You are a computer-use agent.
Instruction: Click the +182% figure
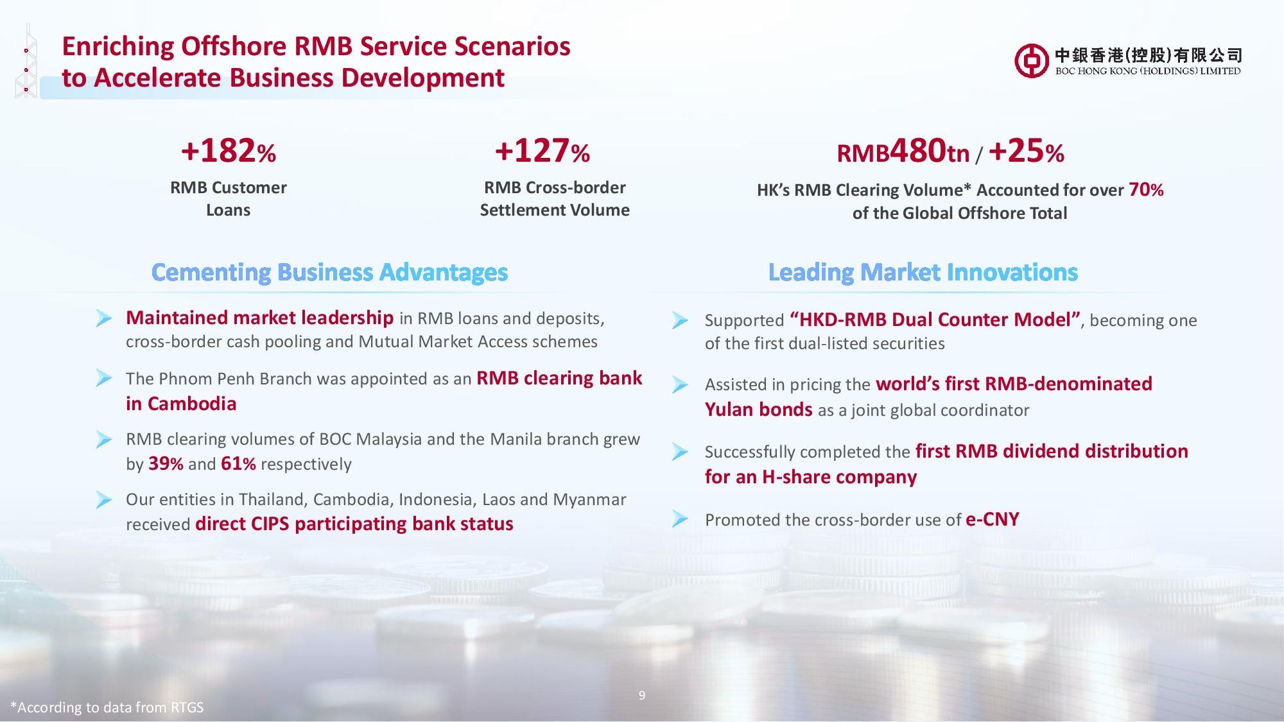(229, 151)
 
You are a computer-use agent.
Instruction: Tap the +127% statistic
(542, 151)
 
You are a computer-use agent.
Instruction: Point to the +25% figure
(1027, 151)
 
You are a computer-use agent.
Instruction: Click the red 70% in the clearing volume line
(1146, 190)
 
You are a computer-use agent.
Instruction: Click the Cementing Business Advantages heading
(329, 272)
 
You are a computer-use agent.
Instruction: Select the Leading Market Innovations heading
(923, 272)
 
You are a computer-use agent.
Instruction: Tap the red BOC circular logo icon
(1032, 62)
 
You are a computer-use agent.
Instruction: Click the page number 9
(642, 695)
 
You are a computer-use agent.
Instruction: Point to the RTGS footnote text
(107, 707)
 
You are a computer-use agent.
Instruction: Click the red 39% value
(166, 463)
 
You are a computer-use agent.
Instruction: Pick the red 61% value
(238, 463)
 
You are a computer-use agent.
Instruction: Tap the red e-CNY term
(992, 519)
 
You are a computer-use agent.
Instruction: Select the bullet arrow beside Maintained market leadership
(104, 318)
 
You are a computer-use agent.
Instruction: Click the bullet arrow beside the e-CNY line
(681, 519)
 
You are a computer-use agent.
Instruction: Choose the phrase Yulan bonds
(759, 409)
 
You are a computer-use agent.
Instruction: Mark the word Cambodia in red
(192, 404)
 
